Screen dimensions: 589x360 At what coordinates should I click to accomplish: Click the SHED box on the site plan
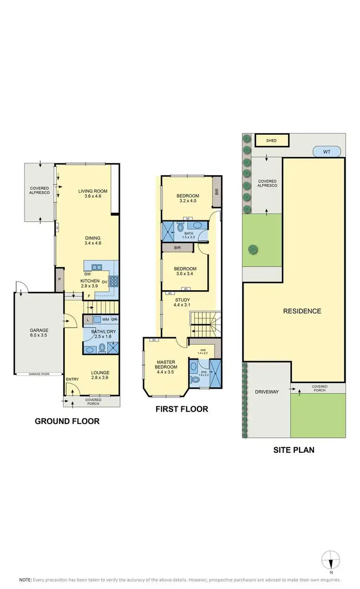(x=272, y=140)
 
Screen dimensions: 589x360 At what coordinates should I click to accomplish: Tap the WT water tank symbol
(x=327, y=152)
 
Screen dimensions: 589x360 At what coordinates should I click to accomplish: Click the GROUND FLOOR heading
(x=67, y=422)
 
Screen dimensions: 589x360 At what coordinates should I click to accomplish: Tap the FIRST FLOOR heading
(x=181, y=409)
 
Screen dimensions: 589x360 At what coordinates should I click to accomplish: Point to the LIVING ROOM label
(x=93, y=191)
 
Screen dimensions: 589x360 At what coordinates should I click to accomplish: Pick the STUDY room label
(x=182, y=300)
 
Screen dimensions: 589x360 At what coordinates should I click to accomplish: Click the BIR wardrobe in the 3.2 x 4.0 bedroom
(x=216, y=191)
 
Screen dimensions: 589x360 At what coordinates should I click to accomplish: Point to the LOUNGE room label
(x=100, y=372)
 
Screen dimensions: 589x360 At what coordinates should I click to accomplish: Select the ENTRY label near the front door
(x=72, y=380)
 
